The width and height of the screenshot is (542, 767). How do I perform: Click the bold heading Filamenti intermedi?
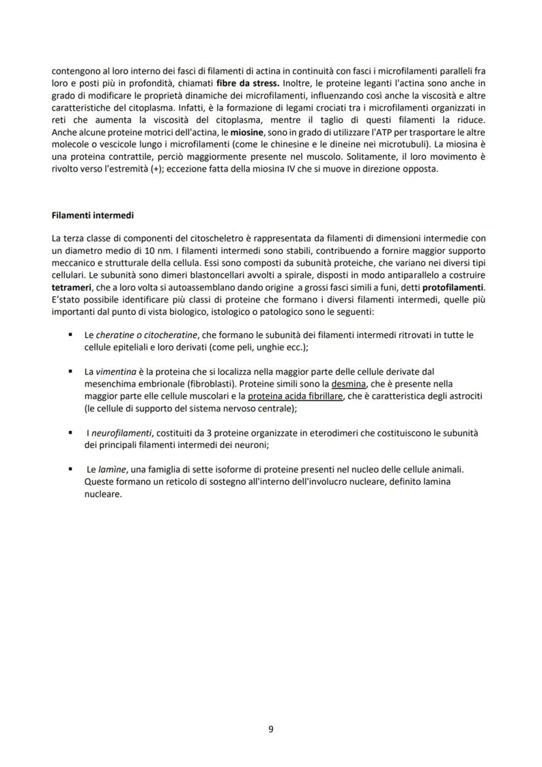point(92,215)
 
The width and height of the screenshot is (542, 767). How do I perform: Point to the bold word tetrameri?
point(71,288)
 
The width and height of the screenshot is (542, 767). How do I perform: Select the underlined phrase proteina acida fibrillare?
point(295,396)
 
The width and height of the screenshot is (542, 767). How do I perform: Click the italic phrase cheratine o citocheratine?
point(147,335)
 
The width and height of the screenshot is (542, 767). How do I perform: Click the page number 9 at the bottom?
point(271,729)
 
